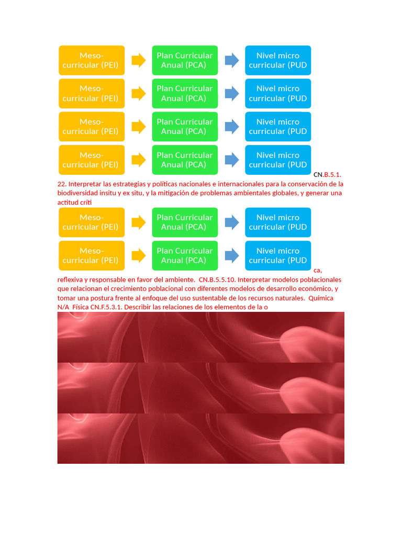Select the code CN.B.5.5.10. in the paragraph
tap(217, 280)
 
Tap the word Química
tap(321, 298)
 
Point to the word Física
tap(80, 307)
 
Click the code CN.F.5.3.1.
tap(106, 307)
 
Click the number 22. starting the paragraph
tap(62, 184)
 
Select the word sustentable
tap(218, 298)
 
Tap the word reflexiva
tap(70, 280)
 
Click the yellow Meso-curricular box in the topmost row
tap(92, 60)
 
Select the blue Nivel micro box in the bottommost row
tap(278, 255)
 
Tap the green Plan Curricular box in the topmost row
tap(185, 60)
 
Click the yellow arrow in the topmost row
tap(139, 61)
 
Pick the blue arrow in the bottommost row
tap(232, 255)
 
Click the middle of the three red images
tap(200, 388)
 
